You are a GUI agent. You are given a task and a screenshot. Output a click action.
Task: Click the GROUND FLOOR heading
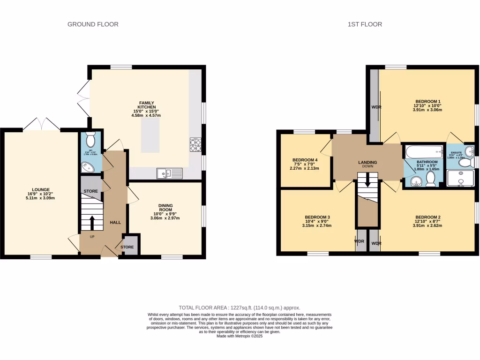(x=93, y=24)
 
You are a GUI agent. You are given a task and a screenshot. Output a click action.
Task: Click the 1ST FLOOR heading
(x=365, y=24)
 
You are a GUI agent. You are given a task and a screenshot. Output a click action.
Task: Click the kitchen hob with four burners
(x=195, y=145)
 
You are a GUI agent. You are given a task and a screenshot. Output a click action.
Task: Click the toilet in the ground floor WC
(x=91, y=140)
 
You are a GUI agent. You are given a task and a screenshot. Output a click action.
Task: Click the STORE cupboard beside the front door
(x=127, y=247)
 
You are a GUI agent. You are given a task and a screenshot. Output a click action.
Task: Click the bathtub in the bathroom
(x=424, y=152)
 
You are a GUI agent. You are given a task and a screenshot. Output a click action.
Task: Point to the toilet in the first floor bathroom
(x=430, y=179)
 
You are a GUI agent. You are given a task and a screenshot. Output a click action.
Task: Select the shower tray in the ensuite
(x=460, y=178)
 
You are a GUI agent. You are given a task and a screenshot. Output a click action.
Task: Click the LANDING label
(x=367, y=163)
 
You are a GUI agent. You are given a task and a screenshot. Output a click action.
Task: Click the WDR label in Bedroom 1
(x=376, y=107)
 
